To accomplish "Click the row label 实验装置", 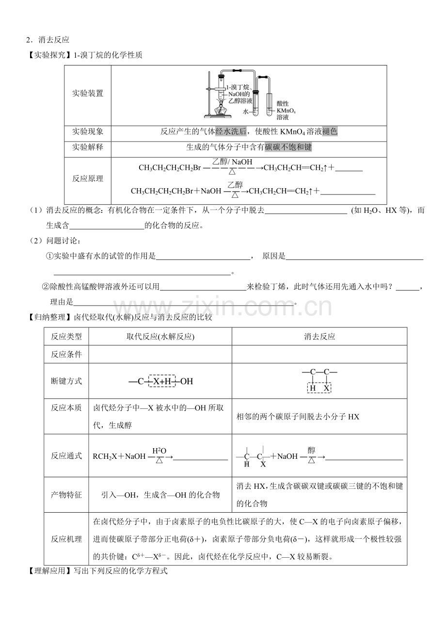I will coord(88,94).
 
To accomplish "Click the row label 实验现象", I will coord(88,131).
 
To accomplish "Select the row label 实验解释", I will coord(88,147).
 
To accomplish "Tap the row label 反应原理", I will coord(88,178).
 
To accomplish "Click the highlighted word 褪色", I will coord(330,131).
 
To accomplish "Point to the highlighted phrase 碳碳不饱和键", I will coord(288,147).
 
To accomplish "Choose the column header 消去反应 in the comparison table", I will coord(319,337).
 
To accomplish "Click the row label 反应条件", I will coord(66,354).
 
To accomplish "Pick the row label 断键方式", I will coord(66,381).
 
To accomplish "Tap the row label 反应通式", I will coord(66,456).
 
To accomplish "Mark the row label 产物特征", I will coord(66,495).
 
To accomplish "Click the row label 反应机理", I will coord(66,539).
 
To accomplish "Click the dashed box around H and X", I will coord(319,388).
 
